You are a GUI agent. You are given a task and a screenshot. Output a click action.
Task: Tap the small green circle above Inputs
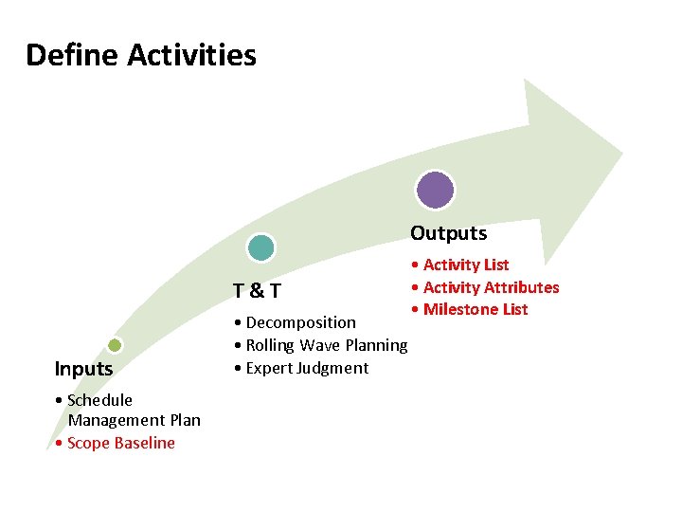tap(114, 346)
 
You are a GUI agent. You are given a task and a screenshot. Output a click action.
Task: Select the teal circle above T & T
tap(260, 248)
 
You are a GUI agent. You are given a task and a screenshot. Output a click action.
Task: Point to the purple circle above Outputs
tap(436, 189)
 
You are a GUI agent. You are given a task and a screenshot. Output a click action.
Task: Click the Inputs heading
tap(83, 369)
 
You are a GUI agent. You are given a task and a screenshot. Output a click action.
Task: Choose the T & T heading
tap(257, 289)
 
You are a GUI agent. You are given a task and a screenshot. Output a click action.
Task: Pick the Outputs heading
tap(448, 233)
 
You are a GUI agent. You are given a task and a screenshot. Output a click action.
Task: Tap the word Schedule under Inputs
tap(100, 400)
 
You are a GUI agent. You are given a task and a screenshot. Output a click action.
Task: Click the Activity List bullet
tap(465, 265)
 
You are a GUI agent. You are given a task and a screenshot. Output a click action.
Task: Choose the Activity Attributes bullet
tap(491, 287)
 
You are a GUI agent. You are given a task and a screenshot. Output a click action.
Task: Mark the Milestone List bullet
tap(475, 309)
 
